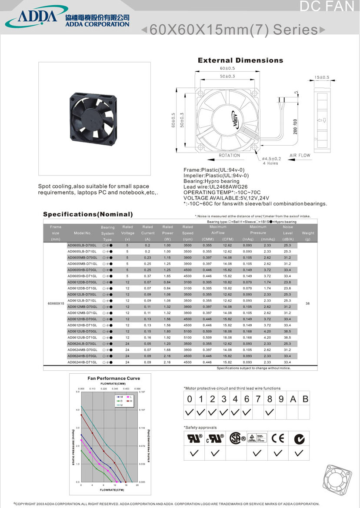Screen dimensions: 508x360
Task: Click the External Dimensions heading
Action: (240, 60)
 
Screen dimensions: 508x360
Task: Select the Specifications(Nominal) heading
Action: (88, 214)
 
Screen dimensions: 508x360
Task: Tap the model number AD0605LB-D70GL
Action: (82, 246)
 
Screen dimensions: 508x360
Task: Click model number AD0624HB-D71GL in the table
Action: (82, 362)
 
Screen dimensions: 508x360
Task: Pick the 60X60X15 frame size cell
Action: (56, 303)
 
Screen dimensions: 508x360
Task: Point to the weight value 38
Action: (308, 303)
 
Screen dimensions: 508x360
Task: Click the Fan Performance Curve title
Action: (114, 379)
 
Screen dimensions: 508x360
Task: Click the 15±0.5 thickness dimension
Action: (322, 77)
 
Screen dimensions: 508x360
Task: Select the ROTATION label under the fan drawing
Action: (230, 156)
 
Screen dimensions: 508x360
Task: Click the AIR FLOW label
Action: (300, 156)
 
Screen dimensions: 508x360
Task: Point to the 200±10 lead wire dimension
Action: (295, 126)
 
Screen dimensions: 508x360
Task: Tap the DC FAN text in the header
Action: (328, 7)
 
